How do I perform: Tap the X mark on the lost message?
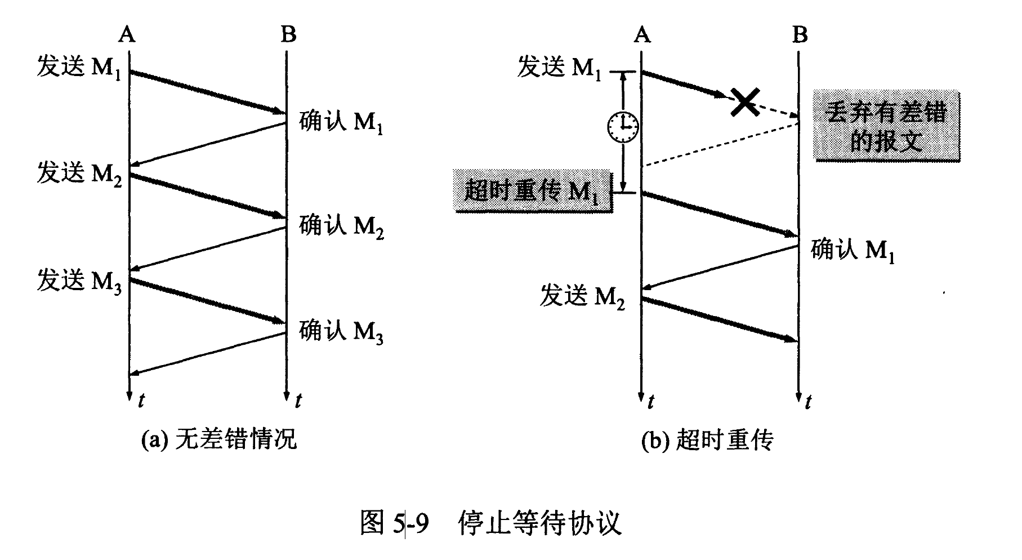click(x=744, y=102)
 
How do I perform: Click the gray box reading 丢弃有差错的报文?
click(x=886, y=126)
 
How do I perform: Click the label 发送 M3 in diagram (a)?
click(x=79, y=280)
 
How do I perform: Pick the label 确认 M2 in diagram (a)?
click(x=341, y=226)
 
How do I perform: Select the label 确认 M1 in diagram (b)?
click(x=853, y=250)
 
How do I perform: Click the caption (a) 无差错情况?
click(x=219, y=439)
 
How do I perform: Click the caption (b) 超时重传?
click(x=708, y=439)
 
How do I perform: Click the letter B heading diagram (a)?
click(x=288, y=35)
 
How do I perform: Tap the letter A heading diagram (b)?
click(x=642, y=35)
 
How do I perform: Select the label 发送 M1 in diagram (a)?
click(x=79, y=68)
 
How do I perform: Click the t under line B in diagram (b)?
click(x=808, y=401)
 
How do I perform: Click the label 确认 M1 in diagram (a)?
click(x=341, y=121)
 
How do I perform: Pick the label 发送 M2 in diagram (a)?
click(x=79, y=173)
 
